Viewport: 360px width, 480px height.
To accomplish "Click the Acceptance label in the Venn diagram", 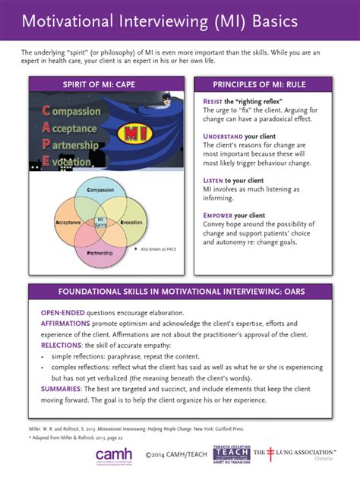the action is [68, 222].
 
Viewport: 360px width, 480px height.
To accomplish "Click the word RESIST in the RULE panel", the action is [213, 101].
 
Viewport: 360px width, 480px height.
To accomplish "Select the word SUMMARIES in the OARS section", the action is [64, 387].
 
